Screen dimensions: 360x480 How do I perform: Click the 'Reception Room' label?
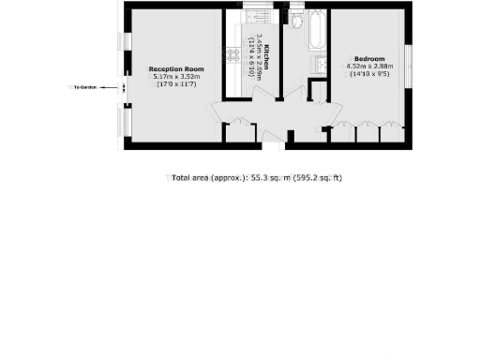tap(177, 69)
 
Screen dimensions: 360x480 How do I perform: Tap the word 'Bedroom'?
tap(368, 58)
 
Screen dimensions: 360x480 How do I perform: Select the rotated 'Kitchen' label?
tap(267, 56)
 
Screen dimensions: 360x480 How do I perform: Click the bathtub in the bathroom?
tap(315, 32)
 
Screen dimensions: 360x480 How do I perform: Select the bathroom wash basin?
tap(318, 65)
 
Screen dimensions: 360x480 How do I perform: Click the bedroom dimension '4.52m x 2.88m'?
tap(370, 67)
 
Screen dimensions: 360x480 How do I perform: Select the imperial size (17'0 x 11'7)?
tap(177, 85)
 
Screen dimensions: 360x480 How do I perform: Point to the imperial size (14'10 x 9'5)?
tap(369, 75)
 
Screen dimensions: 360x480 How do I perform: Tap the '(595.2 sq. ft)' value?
tap(316, 177)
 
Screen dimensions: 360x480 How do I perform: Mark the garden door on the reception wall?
tap(124, 88)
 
